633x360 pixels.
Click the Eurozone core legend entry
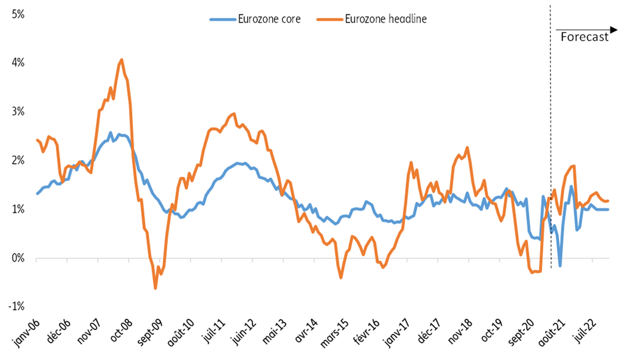256,19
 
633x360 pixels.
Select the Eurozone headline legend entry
371,19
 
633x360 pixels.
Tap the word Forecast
584,37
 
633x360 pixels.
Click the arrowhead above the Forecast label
613,28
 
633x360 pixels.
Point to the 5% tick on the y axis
17,13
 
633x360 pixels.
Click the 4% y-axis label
17,62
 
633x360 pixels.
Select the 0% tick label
17,258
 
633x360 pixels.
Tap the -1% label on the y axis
16,306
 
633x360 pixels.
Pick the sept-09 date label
147,333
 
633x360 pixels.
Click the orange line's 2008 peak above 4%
121,59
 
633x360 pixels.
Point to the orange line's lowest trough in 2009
155,288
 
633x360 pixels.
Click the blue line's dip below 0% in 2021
560,266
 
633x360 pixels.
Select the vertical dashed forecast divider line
550,145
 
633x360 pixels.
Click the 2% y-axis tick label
17,160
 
